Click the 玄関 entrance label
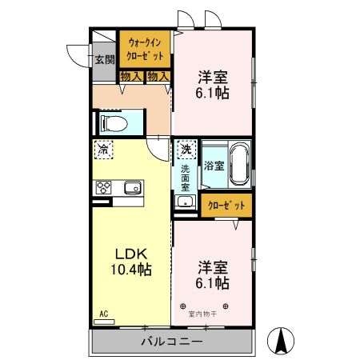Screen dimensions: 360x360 [104, 60]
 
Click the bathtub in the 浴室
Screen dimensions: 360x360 [239, 166]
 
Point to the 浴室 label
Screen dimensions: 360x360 [213, 166]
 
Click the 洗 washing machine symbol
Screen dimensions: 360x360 [186, 149]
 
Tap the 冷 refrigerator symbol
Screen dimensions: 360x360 [103, 149]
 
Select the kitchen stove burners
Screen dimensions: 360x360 [104, 189]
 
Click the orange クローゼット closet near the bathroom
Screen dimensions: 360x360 [226, 206]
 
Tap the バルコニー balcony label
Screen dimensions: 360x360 [172, 341]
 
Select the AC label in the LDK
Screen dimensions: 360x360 [103, 314]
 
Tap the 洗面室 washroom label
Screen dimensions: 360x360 [185, 176]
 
